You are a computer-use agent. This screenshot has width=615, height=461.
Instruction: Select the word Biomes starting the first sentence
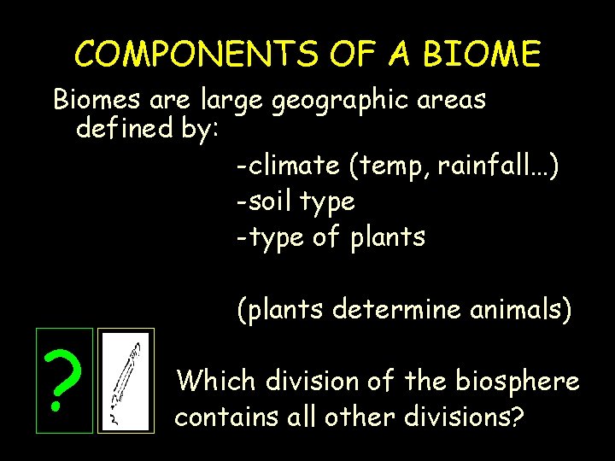(x=97, y=100)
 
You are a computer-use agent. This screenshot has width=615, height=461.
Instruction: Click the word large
(x=233, y=101)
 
